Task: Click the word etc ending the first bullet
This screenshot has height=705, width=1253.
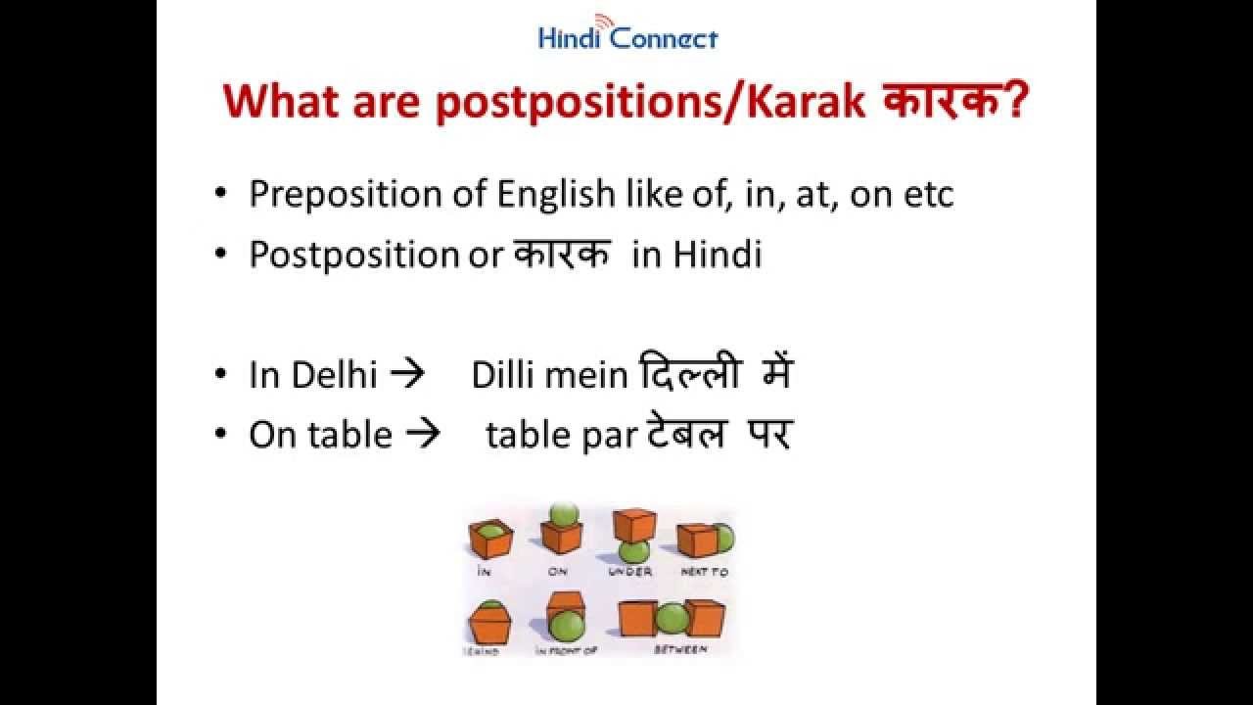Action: tap(927, 195)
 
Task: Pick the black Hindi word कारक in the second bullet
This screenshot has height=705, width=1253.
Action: tap(562, 254)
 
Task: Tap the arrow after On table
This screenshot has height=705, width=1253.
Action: tap(423, 435)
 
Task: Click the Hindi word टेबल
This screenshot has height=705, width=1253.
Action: tap(686, 434)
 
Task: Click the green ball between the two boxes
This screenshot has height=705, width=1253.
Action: tap(672, 618)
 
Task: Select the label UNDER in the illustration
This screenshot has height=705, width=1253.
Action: tap(629, 571)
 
